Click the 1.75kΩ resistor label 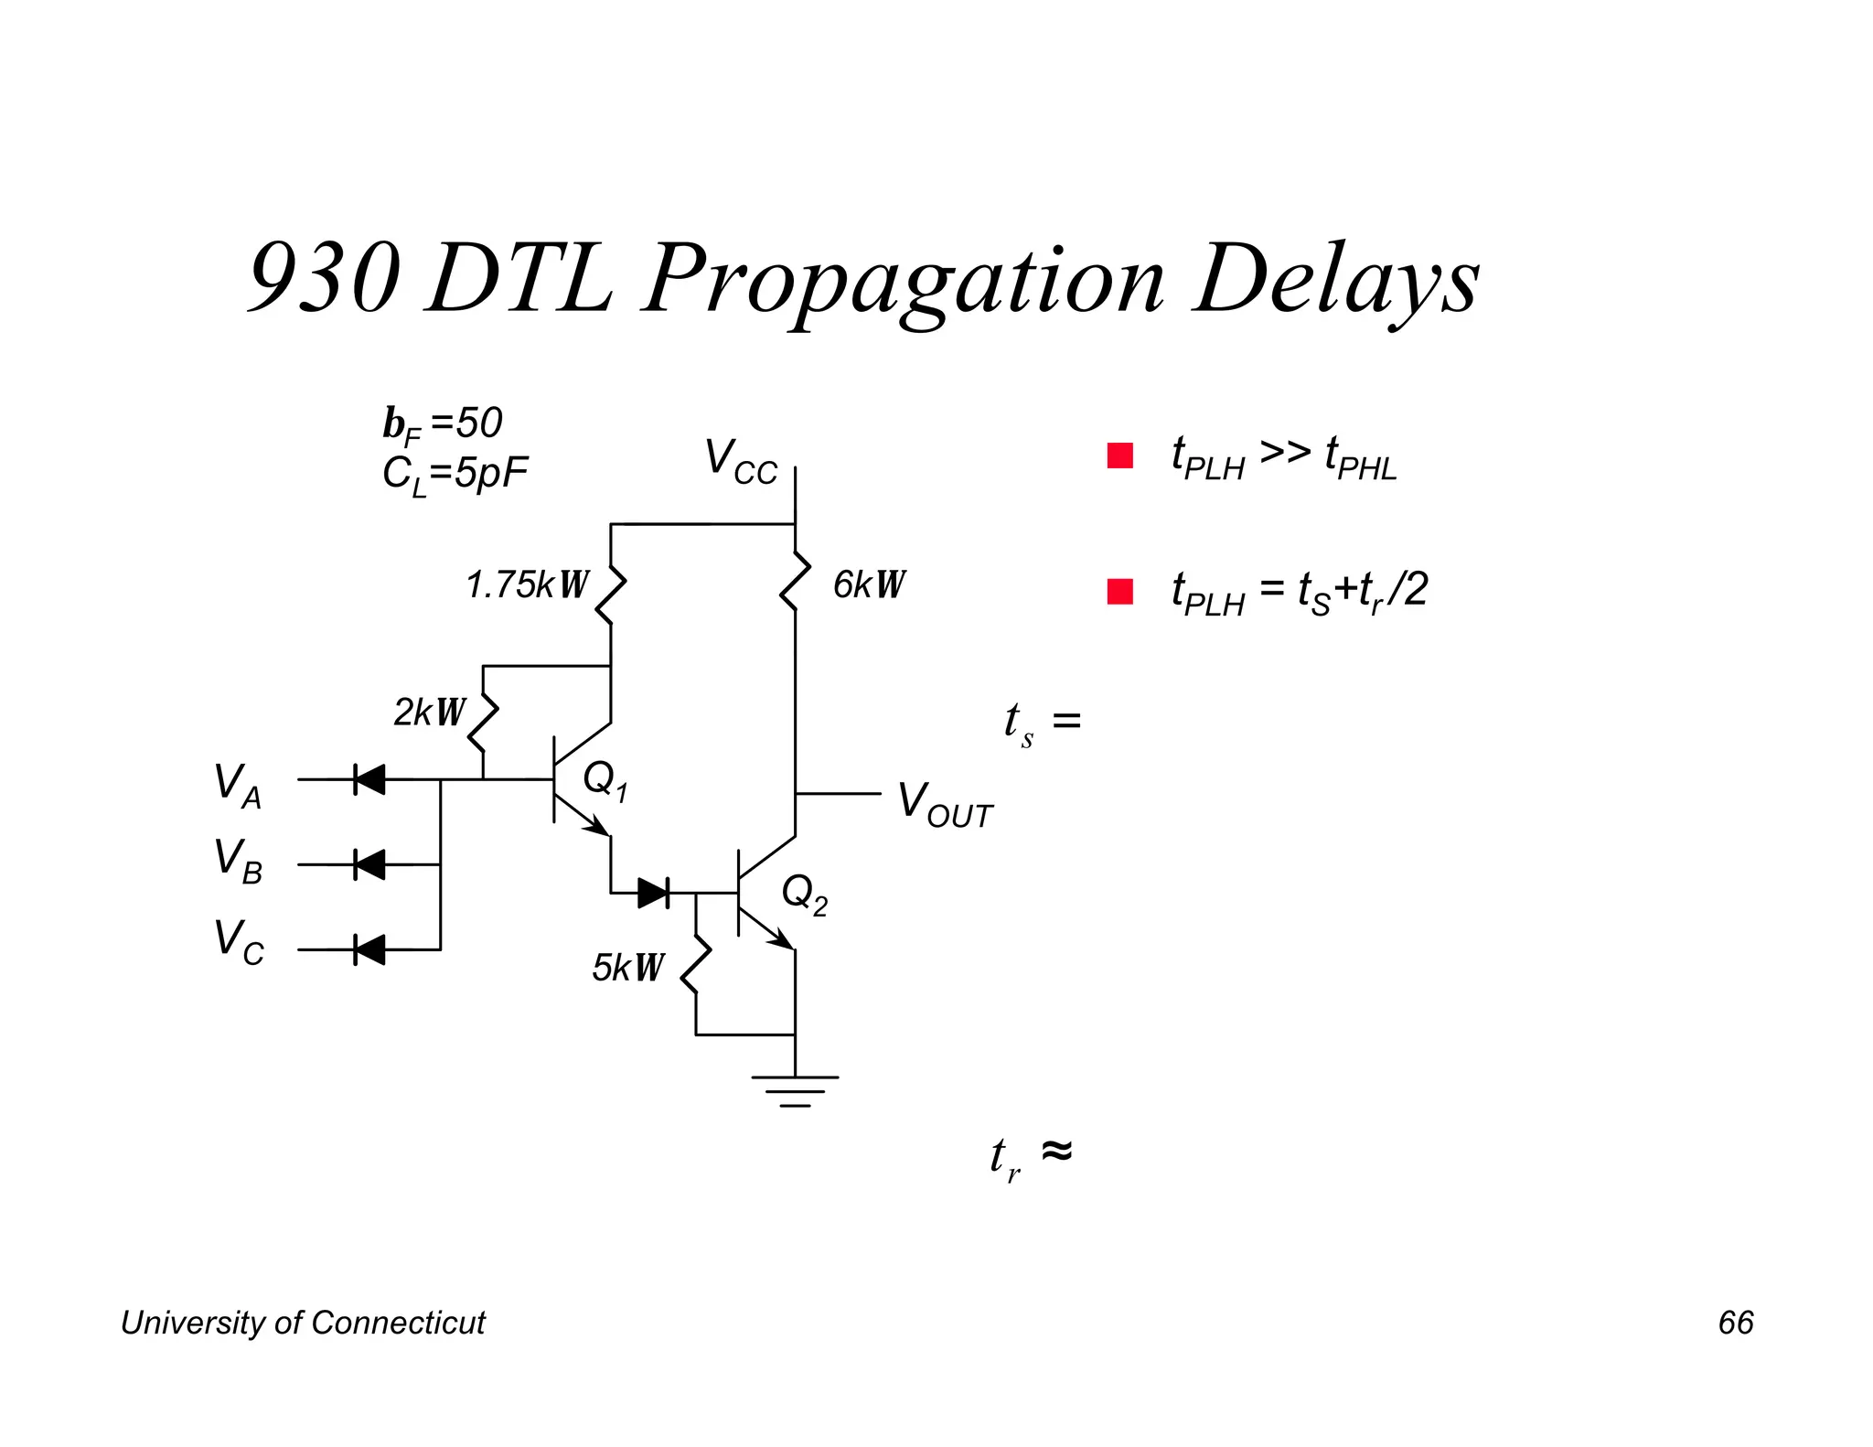tap(527, 585)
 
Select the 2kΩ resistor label tap(429, 713)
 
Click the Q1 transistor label tap(605, 780)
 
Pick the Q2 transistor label tap(804, 893)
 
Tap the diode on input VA tap(369, 780)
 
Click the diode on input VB tap(369, 864)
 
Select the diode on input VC tap(369, 949)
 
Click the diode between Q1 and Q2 tap(653, 892)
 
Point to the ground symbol tap(795, 1089)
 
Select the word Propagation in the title tap(904, 280)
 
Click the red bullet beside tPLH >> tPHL tap(1119, 456)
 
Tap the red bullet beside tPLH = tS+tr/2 tap(1119, 592)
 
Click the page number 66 tap(1735, 1323)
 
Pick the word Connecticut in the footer tap(398, 1323)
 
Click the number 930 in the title tap(325, 278)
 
